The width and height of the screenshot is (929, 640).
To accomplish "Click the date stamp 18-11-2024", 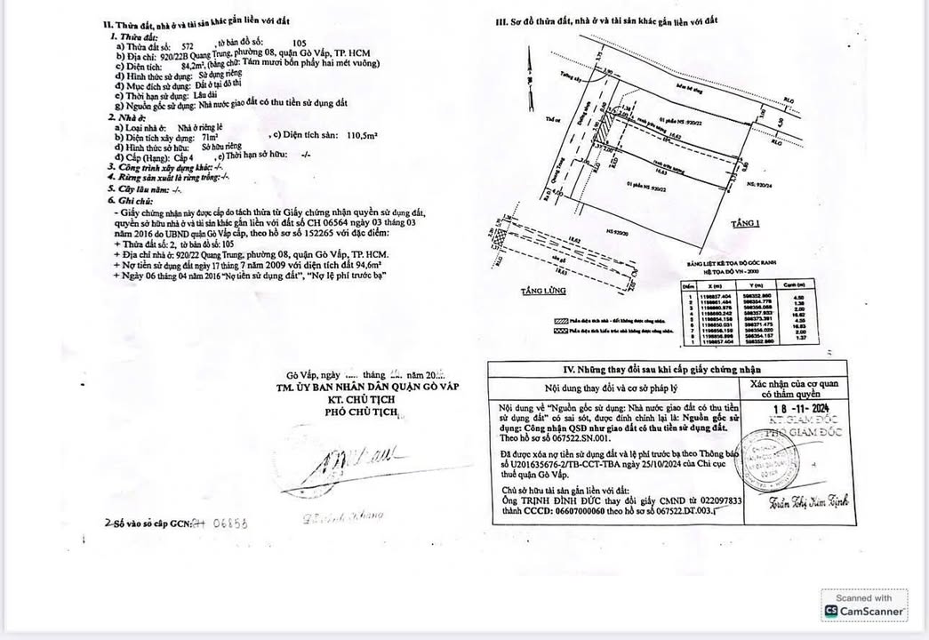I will [803, 408].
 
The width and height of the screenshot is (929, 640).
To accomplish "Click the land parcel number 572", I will [187, 43].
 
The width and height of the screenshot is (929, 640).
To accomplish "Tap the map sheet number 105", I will [299, 43].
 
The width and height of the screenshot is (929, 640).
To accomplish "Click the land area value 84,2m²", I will [194, 65].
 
